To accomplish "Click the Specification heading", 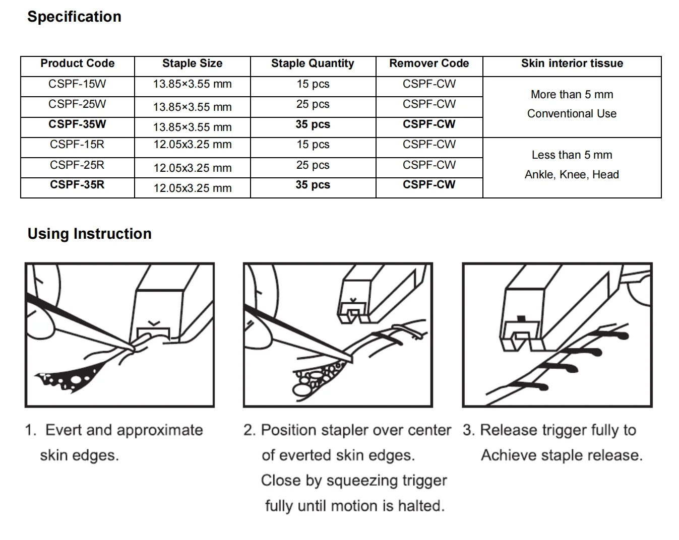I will (74, 17).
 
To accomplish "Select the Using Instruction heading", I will (89, 234).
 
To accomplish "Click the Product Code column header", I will (77, 63).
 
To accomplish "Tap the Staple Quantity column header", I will (312, 63).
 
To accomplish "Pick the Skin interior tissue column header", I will (572, 63).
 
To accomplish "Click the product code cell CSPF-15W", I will (77, 84).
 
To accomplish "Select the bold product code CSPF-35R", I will (77, 185).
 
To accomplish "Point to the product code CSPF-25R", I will (77, 165).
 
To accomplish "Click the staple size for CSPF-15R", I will (192, 145).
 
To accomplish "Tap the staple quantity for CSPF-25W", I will (313, 104).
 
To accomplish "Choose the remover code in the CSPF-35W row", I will (428, 124).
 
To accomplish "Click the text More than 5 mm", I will (572, 95).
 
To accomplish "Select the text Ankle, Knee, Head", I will (572, 175).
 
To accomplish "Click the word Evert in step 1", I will (64, 430).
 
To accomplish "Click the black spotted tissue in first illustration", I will (71, 378).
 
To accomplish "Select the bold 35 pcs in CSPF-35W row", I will (313, 124).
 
